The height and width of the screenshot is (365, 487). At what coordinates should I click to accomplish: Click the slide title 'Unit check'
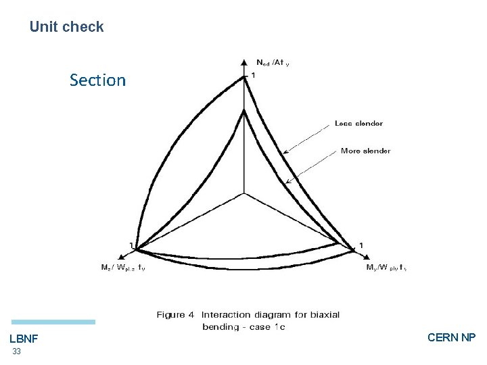click(66, 27)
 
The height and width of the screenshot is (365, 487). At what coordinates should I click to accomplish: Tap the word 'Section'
click(97, 80)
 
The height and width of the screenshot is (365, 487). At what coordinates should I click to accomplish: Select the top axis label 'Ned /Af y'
click(273, 63)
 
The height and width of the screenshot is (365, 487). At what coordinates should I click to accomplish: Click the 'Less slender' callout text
click(358, 123)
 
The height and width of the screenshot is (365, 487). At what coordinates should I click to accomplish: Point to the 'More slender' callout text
click(365, 151)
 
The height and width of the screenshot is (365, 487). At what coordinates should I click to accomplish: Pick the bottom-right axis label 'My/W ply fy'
click(386, 268)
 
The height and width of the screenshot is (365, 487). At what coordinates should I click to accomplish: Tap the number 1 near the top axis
click(254, 76)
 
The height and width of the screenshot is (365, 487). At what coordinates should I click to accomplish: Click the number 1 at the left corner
click(131, 244)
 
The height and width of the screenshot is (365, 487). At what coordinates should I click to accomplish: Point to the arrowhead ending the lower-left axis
click(120, 257)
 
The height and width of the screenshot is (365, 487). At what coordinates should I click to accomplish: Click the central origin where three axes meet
click(243, 193)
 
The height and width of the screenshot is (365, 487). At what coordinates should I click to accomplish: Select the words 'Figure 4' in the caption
click(176, 314)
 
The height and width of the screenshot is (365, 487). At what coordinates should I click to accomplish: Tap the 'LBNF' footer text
click(24, 338)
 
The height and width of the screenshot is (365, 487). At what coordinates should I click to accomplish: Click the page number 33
click(16, 352)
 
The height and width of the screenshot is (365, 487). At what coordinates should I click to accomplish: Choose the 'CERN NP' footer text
click(452, 337)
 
